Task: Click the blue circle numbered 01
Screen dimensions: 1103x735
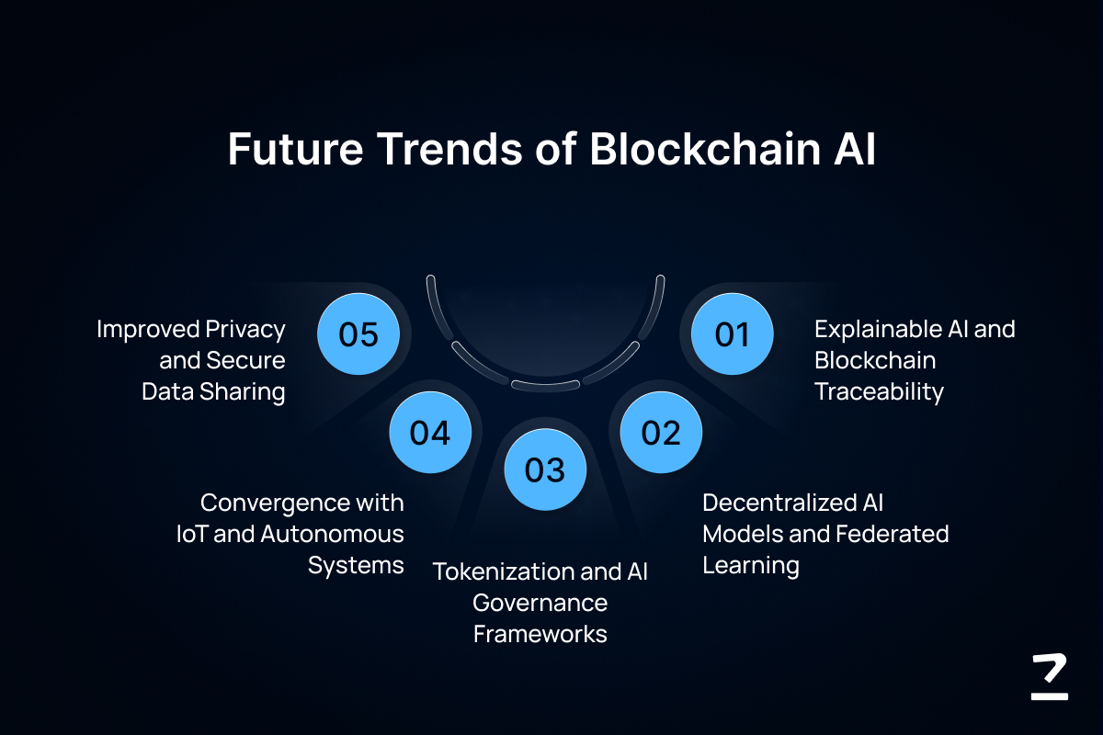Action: tap(732, 334)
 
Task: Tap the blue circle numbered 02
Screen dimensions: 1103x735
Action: tap(661, 433)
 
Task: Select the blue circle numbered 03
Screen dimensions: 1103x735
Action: tap(545, 469)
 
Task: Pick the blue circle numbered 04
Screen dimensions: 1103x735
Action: tap(430, 433)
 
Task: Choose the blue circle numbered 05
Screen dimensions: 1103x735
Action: tap(358, 334)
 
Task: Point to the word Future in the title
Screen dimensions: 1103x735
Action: tap(295, 148)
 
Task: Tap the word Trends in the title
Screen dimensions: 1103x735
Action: tap(449, 148)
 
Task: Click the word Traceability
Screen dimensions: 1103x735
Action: tap(879, 392)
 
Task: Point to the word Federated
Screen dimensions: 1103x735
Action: tap(893, 534)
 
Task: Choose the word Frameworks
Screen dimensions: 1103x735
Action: tap(540, 634)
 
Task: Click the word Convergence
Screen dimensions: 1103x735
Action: tap(275, 503)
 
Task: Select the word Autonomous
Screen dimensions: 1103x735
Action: tap(332, 534)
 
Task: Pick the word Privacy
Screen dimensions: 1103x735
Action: tap(245, 330)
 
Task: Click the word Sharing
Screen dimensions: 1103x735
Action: tap(243, 392)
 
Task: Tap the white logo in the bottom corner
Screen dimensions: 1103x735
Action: tap(1050, 676)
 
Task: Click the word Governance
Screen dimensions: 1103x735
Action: tap(540, 603)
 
